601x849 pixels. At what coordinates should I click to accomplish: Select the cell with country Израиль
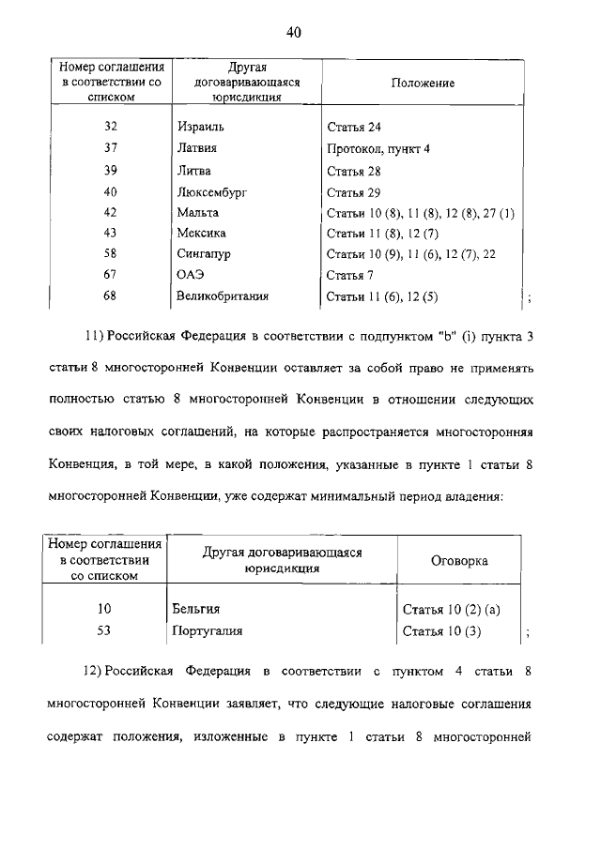point(201,126)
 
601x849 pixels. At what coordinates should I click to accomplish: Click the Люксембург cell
point(210,191)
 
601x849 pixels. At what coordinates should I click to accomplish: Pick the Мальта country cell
point(197,213)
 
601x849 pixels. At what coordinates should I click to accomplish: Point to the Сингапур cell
point(204,254)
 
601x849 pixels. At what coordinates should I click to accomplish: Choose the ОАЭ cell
point(191,275)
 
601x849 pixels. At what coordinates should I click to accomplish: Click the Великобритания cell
point(223,296)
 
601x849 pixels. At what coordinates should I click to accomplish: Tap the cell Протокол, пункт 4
point(378,148)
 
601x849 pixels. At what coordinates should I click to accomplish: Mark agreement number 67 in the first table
point(111,275)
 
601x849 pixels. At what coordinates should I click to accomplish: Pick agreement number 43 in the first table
point(111,234)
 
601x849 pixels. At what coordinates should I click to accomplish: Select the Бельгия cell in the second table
point(196,610)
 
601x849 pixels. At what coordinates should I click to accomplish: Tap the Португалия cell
point(208,630)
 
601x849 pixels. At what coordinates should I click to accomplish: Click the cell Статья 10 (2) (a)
point(451,610)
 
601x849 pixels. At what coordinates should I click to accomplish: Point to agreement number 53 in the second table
point(104,630)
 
